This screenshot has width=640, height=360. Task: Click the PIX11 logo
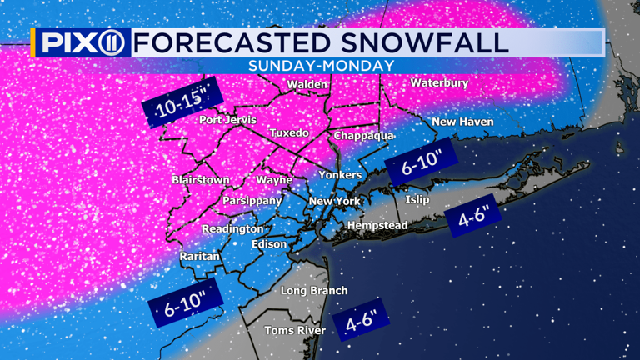coord(81,42)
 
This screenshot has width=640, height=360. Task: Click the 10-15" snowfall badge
coord(176,102)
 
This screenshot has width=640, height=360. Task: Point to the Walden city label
coord(307,85)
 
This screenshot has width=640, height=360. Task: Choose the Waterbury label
coord(439,83)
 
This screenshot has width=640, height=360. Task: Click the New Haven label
coord(462,122)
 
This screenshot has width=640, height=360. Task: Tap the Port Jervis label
coord(225,120)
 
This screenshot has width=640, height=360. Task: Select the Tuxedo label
coord(289,133)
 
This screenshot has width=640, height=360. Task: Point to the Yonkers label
coord(340,175)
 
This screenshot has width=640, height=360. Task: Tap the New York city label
coord(333,202)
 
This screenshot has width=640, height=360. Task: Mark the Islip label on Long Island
coord(417,200)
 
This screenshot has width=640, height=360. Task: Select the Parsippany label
coord(252,201)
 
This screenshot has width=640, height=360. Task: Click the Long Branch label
coord(313,290)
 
